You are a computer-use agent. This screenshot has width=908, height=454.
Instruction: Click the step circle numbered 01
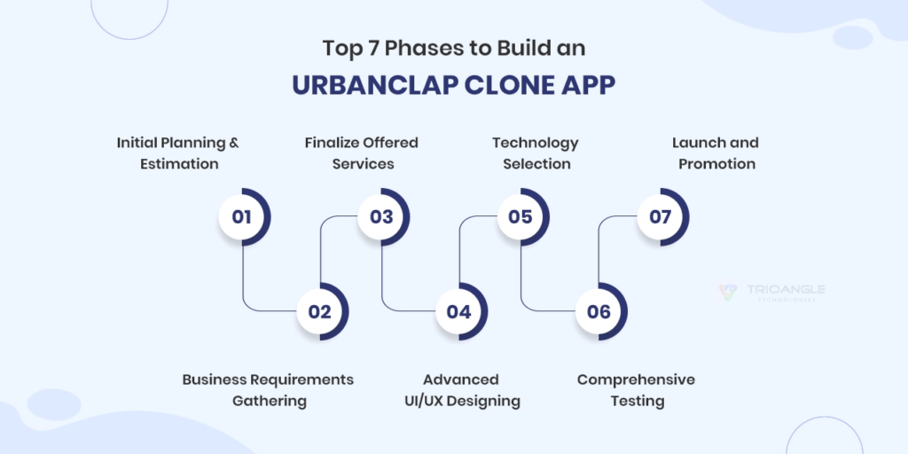[x=242, y=216]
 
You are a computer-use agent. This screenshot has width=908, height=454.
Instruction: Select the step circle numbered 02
[x=320, y=311]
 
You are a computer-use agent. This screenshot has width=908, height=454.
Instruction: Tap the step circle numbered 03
[x=381, y=216]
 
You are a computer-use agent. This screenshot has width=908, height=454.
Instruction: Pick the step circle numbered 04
[x=459, y=311]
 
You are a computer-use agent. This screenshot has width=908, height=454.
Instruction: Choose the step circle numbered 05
[x=521, y=216]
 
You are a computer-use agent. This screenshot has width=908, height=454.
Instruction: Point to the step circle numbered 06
[x=599, y=311]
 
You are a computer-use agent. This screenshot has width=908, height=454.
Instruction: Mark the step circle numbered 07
[x=661, y=216]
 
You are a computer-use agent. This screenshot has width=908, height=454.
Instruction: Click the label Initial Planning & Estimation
[x=178, y=153]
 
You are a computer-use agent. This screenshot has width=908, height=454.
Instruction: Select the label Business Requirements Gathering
[x=269, y=390]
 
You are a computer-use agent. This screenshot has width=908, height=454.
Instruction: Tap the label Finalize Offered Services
[x=361, y=153]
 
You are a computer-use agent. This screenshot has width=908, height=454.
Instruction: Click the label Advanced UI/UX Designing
[x=458, y=390]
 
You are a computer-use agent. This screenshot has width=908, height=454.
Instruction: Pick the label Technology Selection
[x=536, y=153]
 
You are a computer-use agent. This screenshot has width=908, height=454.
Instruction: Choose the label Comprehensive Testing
[x=636, y=390]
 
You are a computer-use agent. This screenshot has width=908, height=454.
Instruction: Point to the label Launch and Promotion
[x=716, y=153]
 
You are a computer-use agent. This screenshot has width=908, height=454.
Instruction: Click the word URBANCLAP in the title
[x=368, y=84]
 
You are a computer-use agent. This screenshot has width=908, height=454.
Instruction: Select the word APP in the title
[x=586, y=84]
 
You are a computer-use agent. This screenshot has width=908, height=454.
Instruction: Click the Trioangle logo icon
[x=727, y=292]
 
